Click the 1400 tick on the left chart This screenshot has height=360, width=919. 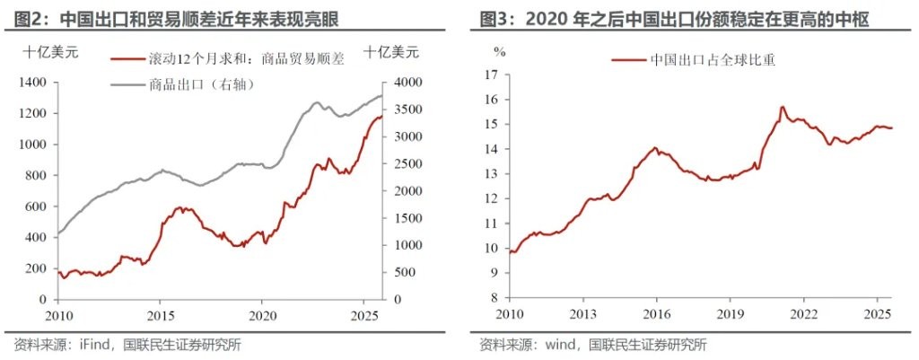click(34, 83)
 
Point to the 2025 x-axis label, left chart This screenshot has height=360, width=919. click(364, 315)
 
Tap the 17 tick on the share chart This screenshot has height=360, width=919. click(490, 75)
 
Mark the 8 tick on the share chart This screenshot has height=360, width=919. click(493, 298)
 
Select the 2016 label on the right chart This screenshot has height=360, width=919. click(656, 315)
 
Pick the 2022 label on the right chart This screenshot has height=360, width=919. click(803, 315)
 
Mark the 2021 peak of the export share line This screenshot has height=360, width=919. click(782, 107)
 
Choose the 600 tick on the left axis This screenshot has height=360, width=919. click(38, 206)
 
